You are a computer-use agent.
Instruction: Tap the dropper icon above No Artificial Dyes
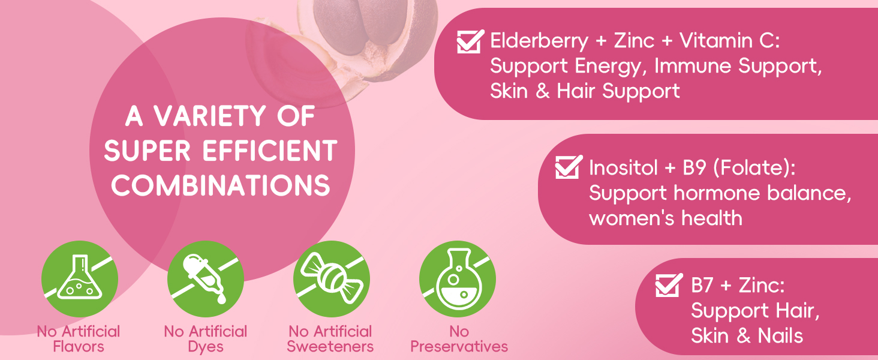pos(206,278)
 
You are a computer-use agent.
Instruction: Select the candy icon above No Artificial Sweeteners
pos(332,278)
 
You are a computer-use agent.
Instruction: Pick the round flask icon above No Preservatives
pos(458,278)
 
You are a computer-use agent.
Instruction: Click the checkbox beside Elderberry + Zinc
pos(470,41)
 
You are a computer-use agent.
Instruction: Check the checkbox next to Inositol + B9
pos(569,167)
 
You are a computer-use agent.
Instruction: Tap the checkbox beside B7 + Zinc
pos(669,285)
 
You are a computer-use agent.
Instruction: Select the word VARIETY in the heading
pos(214,116)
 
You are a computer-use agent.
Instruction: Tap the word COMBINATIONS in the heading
pos(221,185)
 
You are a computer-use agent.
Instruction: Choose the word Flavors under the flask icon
pos(79,346)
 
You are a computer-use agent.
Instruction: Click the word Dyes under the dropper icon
pos(205,346)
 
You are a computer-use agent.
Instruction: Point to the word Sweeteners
pos(330,346)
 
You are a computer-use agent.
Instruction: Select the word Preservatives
pos(459,346)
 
